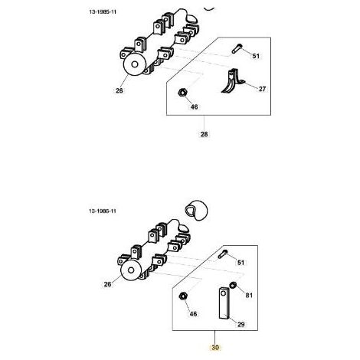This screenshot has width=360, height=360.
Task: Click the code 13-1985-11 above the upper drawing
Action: (x=103, y=12)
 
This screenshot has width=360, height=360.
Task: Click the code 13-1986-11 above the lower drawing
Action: (x=103, y=211)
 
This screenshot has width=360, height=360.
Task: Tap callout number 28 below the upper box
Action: (x=204, y=134)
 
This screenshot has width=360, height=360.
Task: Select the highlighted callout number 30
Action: (x=215, y=348)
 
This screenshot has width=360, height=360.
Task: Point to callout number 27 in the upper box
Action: (x=262, y=89)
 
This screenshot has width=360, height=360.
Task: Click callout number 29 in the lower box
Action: (x=241, y=324)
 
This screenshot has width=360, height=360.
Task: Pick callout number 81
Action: (x=249, y=295)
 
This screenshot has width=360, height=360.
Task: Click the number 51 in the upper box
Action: (x=256, y=56)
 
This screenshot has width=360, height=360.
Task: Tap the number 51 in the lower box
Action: (x=241, y=263)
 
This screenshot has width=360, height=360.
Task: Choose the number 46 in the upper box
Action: (x=195, y=106)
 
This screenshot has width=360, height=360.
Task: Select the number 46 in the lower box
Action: (x=193, y=313)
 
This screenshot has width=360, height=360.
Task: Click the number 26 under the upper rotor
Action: (x=119, y=90)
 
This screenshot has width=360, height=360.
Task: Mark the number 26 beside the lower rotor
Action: (x=108, y=284)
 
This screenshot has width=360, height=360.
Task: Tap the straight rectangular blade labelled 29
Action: (x=224, y=303)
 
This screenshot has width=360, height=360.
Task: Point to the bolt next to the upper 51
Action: (x=237, y=49)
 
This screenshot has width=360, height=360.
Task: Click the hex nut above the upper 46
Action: (x=182, y=92)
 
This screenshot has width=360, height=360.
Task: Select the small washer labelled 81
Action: (x=233, y=285)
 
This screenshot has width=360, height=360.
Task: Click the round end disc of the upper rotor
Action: (x=135, y=64)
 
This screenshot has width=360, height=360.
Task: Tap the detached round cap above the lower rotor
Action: (x=196, y=210)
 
